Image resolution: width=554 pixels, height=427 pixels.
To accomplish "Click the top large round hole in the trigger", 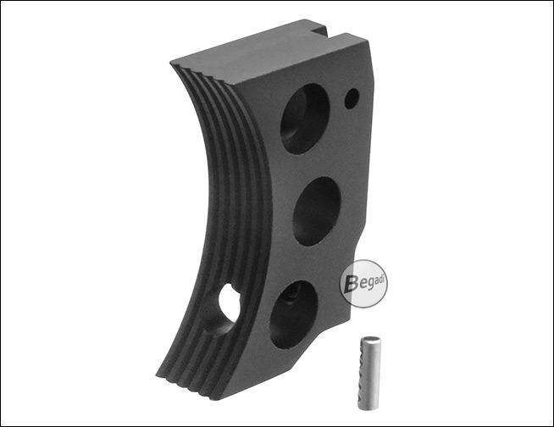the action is [x=306, y=119].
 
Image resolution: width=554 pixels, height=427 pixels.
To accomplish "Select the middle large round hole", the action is [x=317, y=211].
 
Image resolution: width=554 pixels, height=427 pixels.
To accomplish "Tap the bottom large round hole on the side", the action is [x=293, y=314].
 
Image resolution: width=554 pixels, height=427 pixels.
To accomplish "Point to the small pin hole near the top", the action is [x=352, y=98].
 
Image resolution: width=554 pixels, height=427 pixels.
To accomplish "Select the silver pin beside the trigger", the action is [x=368, y=373].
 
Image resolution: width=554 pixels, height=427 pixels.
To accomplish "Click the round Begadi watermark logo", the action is [x=363, y=284].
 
